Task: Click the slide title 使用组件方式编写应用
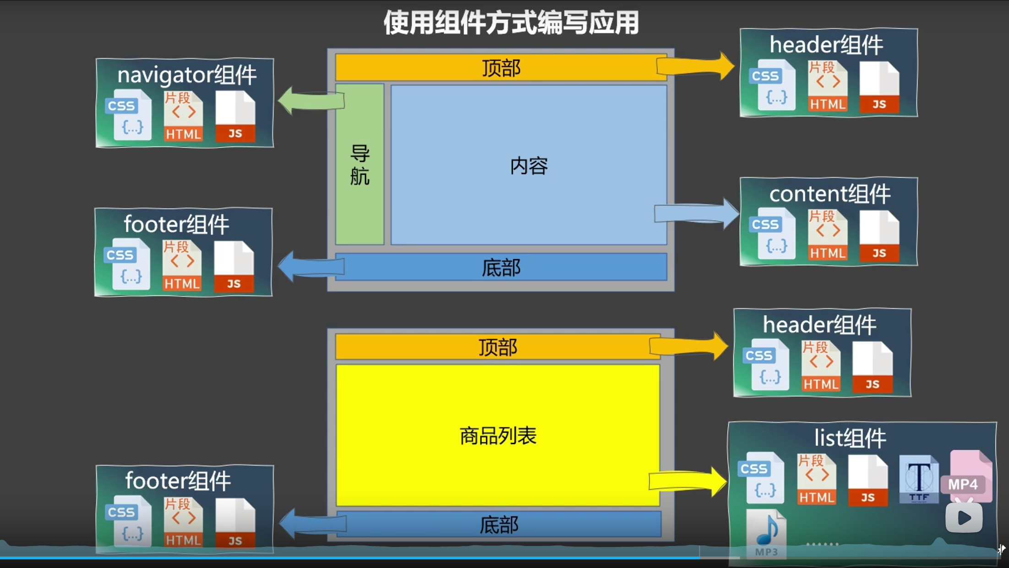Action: (511, 23)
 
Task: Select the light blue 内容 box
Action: (529, 165)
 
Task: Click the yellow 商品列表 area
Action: (498, 435)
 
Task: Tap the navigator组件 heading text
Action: (187, 75)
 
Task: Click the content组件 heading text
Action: (829, 194)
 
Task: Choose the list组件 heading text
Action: (850, 438)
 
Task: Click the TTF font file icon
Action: (918, 479)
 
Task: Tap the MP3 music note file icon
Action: (766, 534)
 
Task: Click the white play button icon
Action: (964, 518)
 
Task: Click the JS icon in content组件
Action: (879, 236)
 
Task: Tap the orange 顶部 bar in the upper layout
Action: (501, 68)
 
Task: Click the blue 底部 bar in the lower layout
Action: (499, 524)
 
